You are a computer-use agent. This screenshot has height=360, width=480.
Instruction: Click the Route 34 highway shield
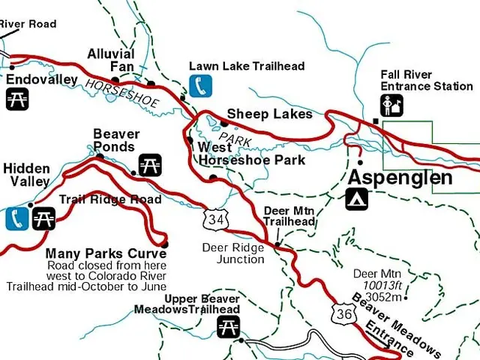coord(215,219)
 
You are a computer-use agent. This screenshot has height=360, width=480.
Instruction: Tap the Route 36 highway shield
coord(344,313)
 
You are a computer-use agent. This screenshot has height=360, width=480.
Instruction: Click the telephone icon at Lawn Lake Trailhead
coord(200,86)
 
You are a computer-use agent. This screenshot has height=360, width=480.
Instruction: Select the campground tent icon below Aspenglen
coord(357,199)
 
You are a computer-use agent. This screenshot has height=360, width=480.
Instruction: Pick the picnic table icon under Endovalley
coord(17,99)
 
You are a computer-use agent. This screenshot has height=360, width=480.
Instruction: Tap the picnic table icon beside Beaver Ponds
coord(150,164)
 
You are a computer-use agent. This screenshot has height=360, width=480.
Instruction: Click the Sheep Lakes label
coord(269,114)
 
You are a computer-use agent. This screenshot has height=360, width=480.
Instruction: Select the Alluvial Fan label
coord(110,61)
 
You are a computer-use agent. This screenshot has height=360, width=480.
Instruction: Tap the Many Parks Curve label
coord(106,254)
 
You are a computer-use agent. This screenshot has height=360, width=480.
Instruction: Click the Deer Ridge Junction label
coord(233,253)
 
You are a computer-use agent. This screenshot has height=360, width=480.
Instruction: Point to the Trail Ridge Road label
coord(110,199)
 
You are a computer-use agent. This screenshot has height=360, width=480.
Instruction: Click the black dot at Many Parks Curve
coord(165,244)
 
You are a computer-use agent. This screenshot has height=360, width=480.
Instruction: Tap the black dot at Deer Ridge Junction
coord(277,244)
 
